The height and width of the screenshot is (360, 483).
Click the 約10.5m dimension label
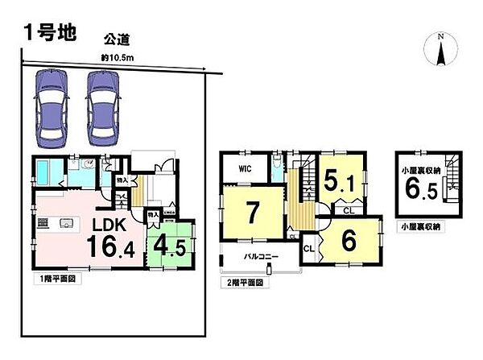click(x=117, y=57)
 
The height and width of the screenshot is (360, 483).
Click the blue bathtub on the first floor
click(x=46, y=172)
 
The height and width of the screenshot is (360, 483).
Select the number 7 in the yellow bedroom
click(x=252, y=213)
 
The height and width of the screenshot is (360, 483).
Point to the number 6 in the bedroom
click(x=348, y=241)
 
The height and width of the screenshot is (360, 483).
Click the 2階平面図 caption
click(x=246, y=283)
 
